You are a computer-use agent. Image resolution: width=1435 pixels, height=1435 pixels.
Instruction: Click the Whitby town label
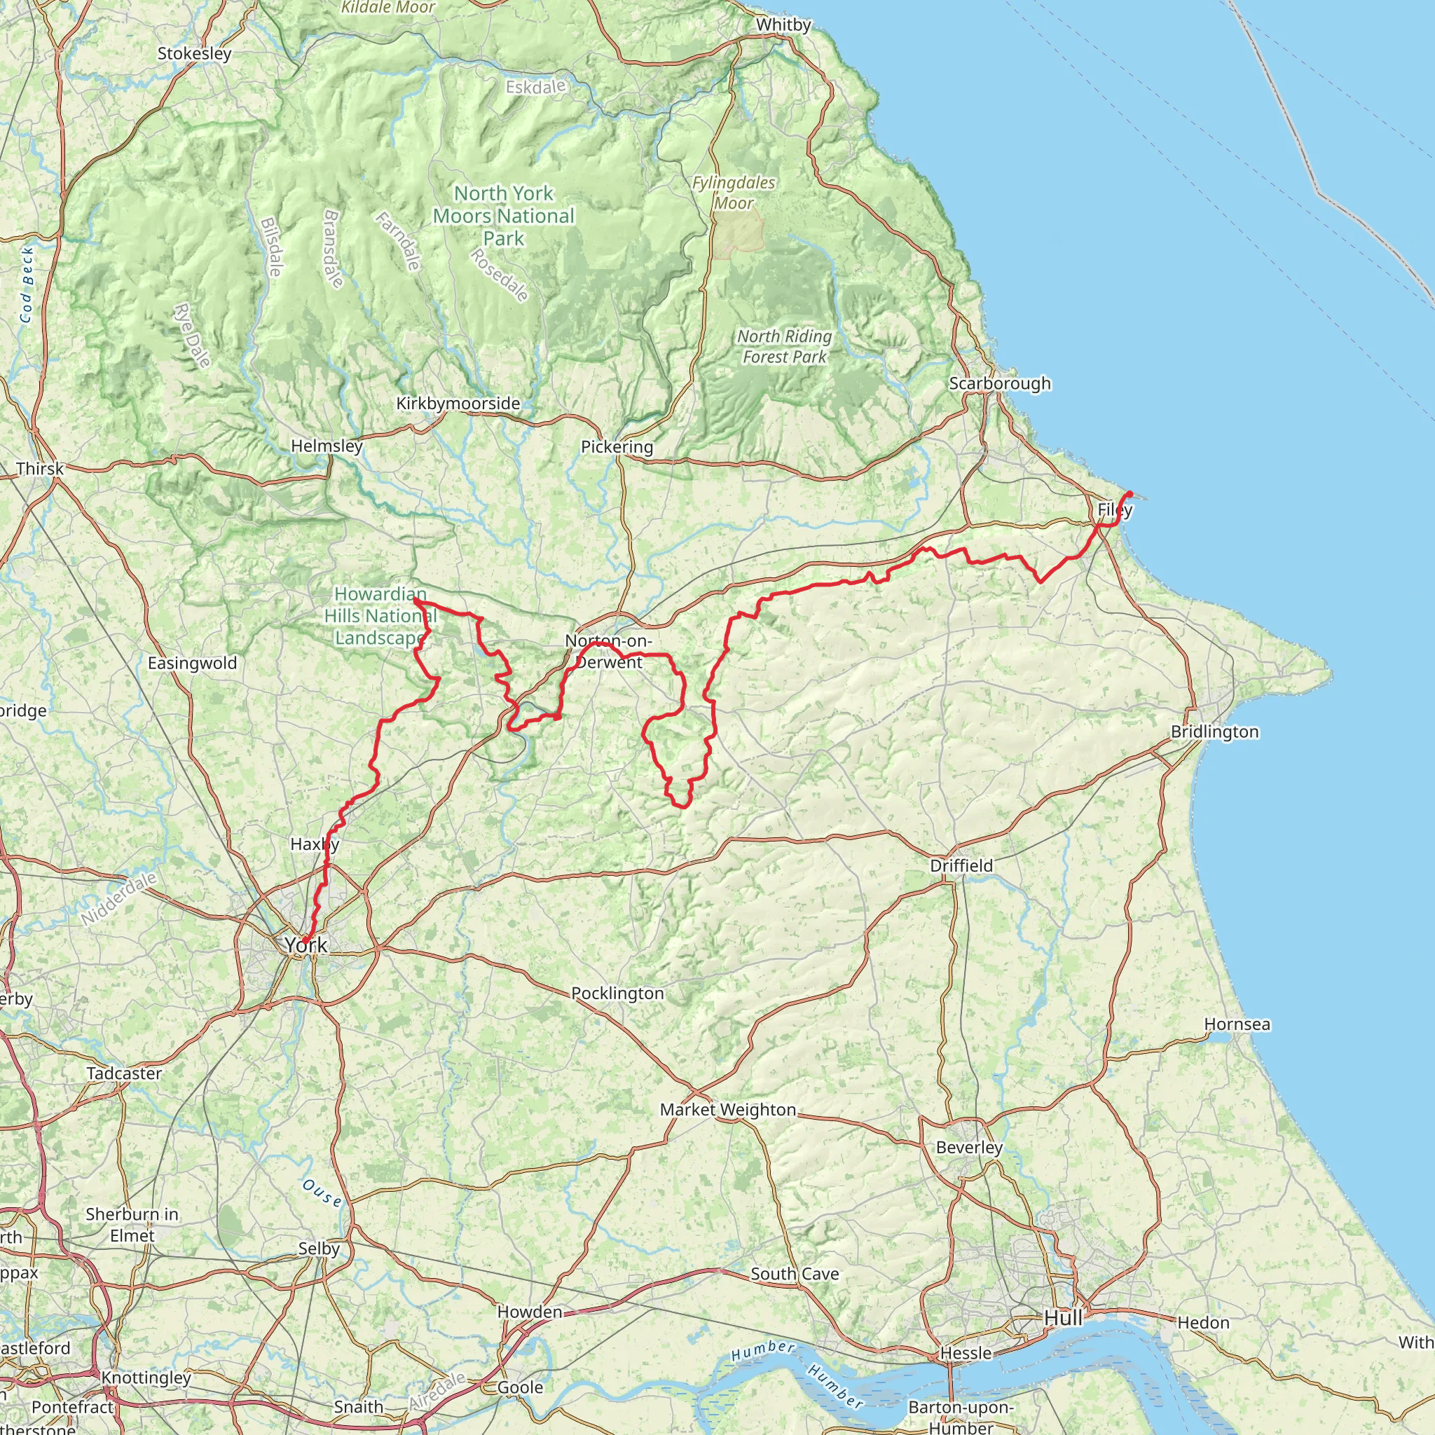click(x=783, y=25)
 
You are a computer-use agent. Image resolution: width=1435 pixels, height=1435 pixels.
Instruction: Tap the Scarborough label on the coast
click(x=1000, y=383)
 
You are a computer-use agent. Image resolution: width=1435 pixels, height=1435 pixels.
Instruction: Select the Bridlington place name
click(x=1214, y=732)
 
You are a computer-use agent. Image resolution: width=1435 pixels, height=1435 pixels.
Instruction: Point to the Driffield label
click(x=961, y=865)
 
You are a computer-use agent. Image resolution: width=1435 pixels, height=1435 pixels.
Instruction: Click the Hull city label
click(x=1063, y=1318)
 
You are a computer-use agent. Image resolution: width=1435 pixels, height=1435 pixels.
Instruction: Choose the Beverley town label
click(x=969, y=1147)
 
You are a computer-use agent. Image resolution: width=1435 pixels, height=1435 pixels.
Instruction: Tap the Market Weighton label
click(x=728, y=1109)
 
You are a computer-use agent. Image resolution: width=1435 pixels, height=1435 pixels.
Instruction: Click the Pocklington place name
click(x=617, y=993)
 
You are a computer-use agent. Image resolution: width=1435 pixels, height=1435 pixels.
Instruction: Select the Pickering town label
click(x=617, y=446)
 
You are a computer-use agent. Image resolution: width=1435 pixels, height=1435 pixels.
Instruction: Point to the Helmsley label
click(x=327, y=446)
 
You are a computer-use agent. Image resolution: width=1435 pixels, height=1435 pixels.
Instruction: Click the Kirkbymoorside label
click(x=458, y=404)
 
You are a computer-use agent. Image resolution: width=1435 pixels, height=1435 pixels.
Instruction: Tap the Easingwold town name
click(x=193, y=663)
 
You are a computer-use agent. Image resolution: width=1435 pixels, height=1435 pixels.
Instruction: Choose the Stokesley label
click(x=195, y=53)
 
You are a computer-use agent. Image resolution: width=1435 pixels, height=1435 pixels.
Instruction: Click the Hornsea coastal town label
click(x=1237, y=1024)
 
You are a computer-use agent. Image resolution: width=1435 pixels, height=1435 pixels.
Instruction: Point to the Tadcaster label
click(x=124, y=1073)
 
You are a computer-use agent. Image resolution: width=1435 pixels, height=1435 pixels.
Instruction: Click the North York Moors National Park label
click(x=504, y=215)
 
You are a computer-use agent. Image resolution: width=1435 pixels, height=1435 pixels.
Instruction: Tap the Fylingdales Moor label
click(x=734, y=193)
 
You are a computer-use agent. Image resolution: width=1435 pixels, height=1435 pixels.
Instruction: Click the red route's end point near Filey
click(x=1129, y=493)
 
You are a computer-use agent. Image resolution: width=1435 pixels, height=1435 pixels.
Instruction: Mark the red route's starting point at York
click(x=304, y=942)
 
